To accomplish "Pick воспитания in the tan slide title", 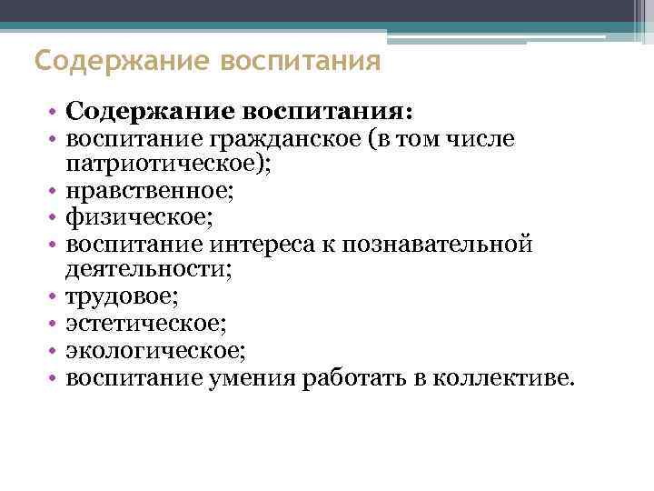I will (x=300, y=63).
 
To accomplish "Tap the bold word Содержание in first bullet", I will (x=149, y=113).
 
